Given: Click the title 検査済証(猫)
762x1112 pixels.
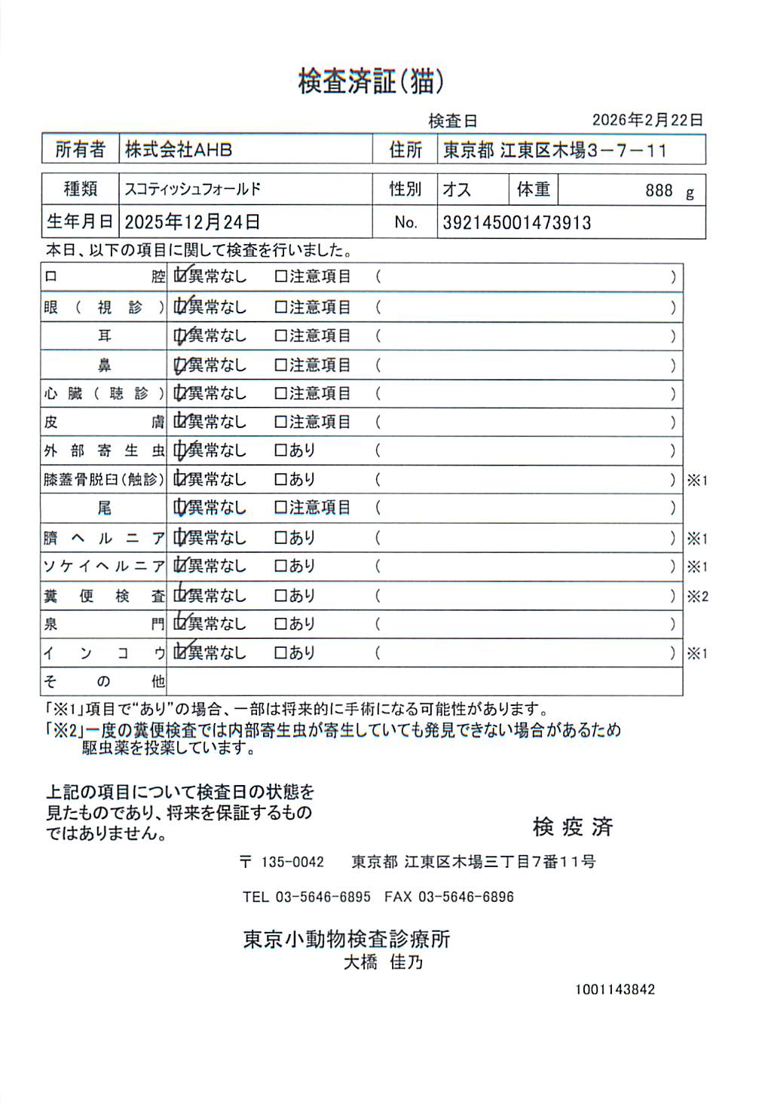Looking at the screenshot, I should (371, 81).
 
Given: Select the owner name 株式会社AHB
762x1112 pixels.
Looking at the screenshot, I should (179, 149).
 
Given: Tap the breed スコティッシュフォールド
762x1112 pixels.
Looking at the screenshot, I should (193, 189).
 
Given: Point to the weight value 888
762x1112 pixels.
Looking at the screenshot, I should (658, 191).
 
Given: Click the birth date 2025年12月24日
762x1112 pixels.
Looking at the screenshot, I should (192, 222).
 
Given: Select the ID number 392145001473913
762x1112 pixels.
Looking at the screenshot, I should (516, 223).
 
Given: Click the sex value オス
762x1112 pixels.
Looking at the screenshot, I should (457, 190).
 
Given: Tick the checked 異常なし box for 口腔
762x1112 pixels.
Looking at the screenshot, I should (179, 276).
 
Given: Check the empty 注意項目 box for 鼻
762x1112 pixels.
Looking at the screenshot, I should (281, 365).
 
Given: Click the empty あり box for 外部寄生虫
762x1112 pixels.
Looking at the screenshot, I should (281, 451).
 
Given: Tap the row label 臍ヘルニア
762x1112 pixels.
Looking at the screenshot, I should (103, 538).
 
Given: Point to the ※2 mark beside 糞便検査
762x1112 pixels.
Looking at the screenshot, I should (697, 596).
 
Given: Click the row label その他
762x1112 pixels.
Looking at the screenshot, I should (103, 682).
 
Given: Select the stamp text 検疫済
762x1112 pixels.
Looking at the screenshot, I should (572, 826).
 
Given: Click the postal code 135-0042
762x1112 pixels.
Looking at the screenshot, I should (292, 862).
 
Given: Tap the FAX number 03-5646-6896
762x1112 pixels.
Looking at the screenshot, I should (466, 897).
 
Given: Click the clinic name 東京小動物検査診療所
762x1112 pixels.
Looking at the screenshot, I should (347, 939).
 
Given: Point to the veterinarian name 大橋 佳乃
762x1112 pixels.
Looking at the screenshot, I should (383, 962).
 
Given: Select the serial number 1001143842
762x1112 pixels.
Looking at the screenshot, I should (614, 989).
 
